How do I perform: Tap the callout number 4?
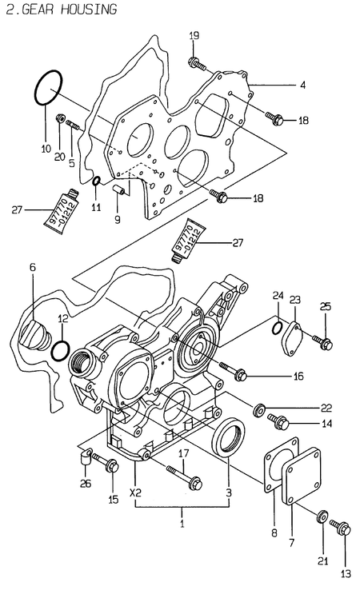tap(302, 83)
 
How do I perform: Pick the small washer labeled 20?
tap(60, 120)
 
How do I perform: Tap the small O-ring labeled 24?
tap(276, 327)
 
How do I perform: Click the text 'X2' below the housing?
tap(136, 492)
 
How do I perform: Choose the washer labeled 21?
tap(323, 518)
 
